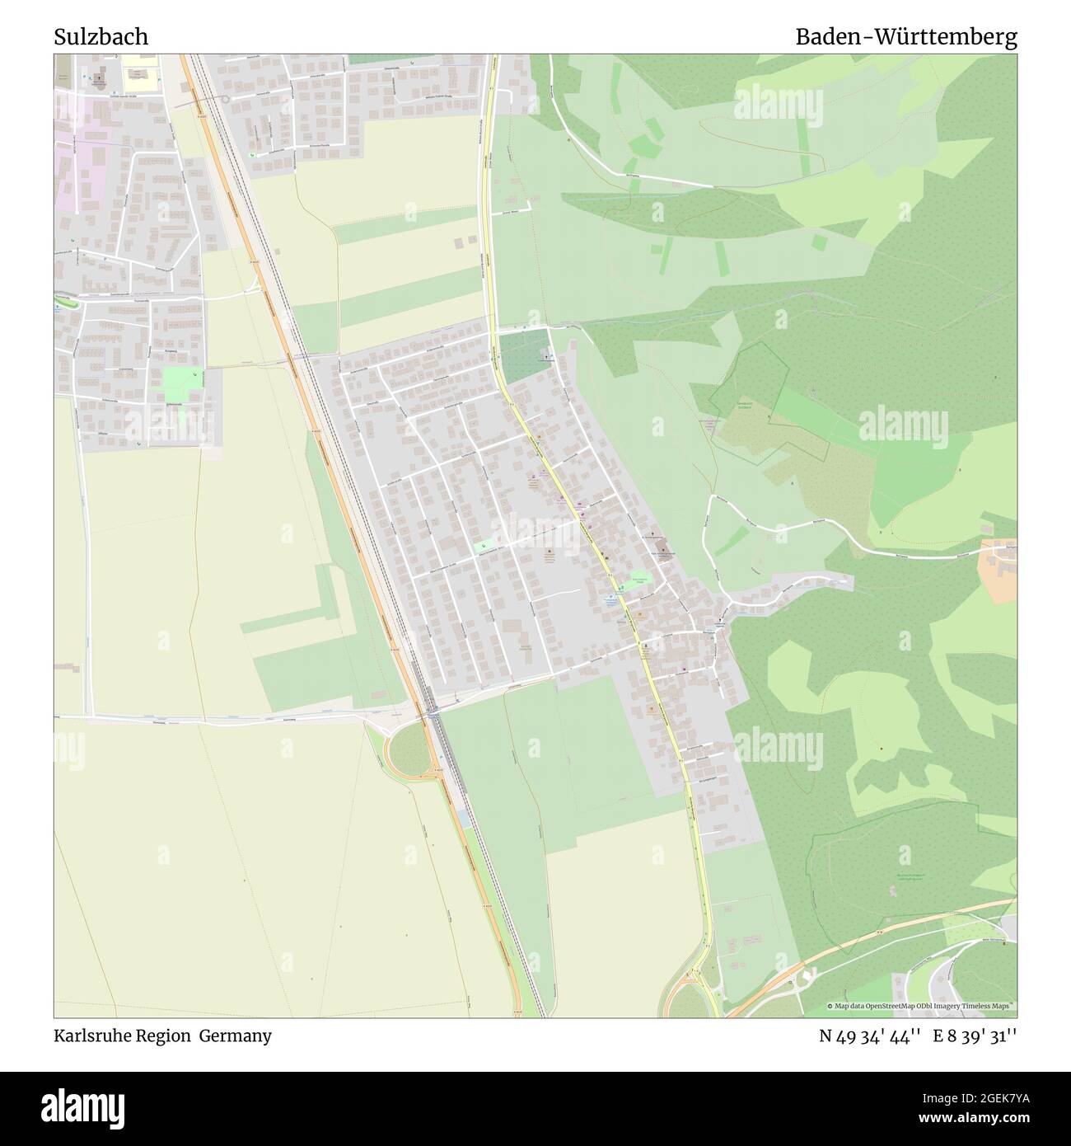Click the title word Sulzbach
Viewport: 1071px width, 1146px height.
coord(101,37)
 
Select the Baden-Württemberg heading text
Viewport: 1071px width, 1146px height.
coord(905,37)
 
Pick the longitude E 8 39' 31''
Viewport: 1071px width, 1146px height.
coord(975,1036)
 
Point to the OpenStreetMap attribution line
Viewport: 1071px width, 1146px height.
coord(923,1006)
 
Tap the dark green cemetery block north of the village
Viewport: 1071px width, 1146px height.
coord(524,355)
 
